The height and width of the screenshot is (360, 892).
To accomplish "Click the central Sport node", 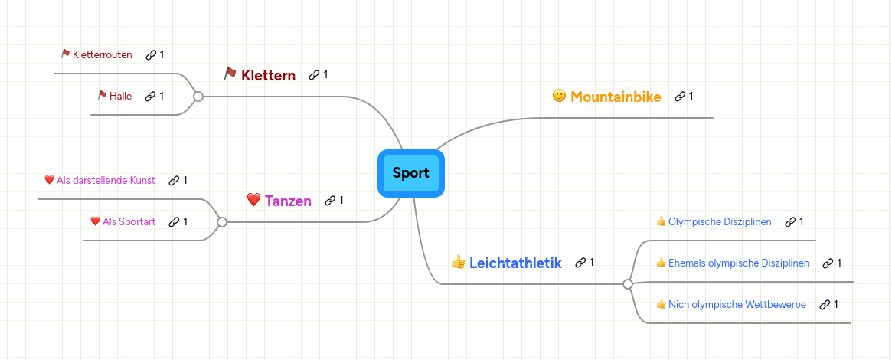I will click(411, 173).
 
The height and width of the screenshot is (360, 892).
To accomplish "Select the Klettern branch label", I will click(268, 75).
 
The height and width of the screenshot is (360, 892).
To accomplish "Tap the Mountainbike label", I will click(616, 97).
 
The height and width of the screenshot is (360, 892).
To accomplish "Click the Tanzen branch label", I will click(288, 201).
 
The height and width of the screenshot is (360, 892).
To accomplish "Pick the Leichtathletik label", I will click(515, 263).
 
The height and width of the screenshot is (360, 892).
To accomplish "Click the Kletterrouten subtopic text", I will click(102, 54).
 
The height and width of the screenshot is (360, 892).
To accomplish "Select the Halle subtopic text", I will click(120, 96).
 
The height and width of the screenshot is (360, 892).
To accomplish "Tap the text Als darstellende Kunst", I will click(106, 180).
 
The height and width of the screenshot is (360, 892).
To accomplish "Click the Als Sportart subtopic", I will click(129, 221).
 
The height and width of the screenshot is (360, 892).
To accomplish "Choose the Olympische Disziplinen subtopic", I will click(719, 221).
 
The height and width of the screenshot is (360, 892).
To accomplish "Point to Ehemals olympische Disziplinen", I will click(738, 263).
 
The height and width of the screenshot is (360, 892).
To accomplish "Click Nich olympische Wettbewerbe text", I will click(737, 304).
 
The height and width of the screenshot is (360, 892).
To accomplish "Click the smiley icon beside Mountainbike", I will click(560, 96).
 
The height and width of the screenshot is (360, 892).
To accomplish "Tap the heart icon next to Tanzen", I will click(254, 200).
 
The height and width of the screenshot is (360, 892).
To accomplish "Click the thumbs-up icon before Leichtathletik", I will click(459, 262).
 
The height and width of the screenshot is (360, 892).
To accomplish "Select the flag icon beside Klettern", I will click(230, 74).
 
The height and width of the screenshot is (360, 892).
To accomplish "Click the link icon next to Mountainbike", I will click(680, 97).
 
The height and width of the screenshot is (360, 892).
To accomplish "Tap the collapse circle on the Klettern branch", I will click(198, 97).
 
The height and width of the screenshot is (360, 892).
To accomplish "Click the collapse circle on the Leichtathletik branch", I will click(628, 284).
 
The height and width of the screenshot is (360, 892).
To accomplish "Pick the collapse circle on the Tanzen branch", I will click(222, 222).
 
